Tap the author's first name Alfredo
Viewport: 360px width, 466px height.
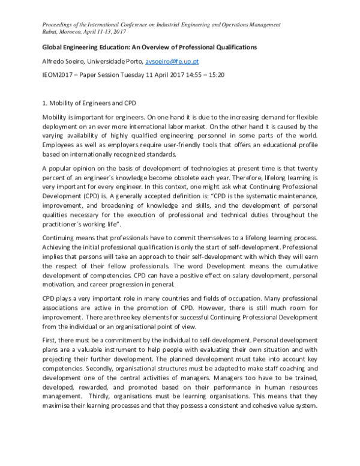click(x=53, y=61)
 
